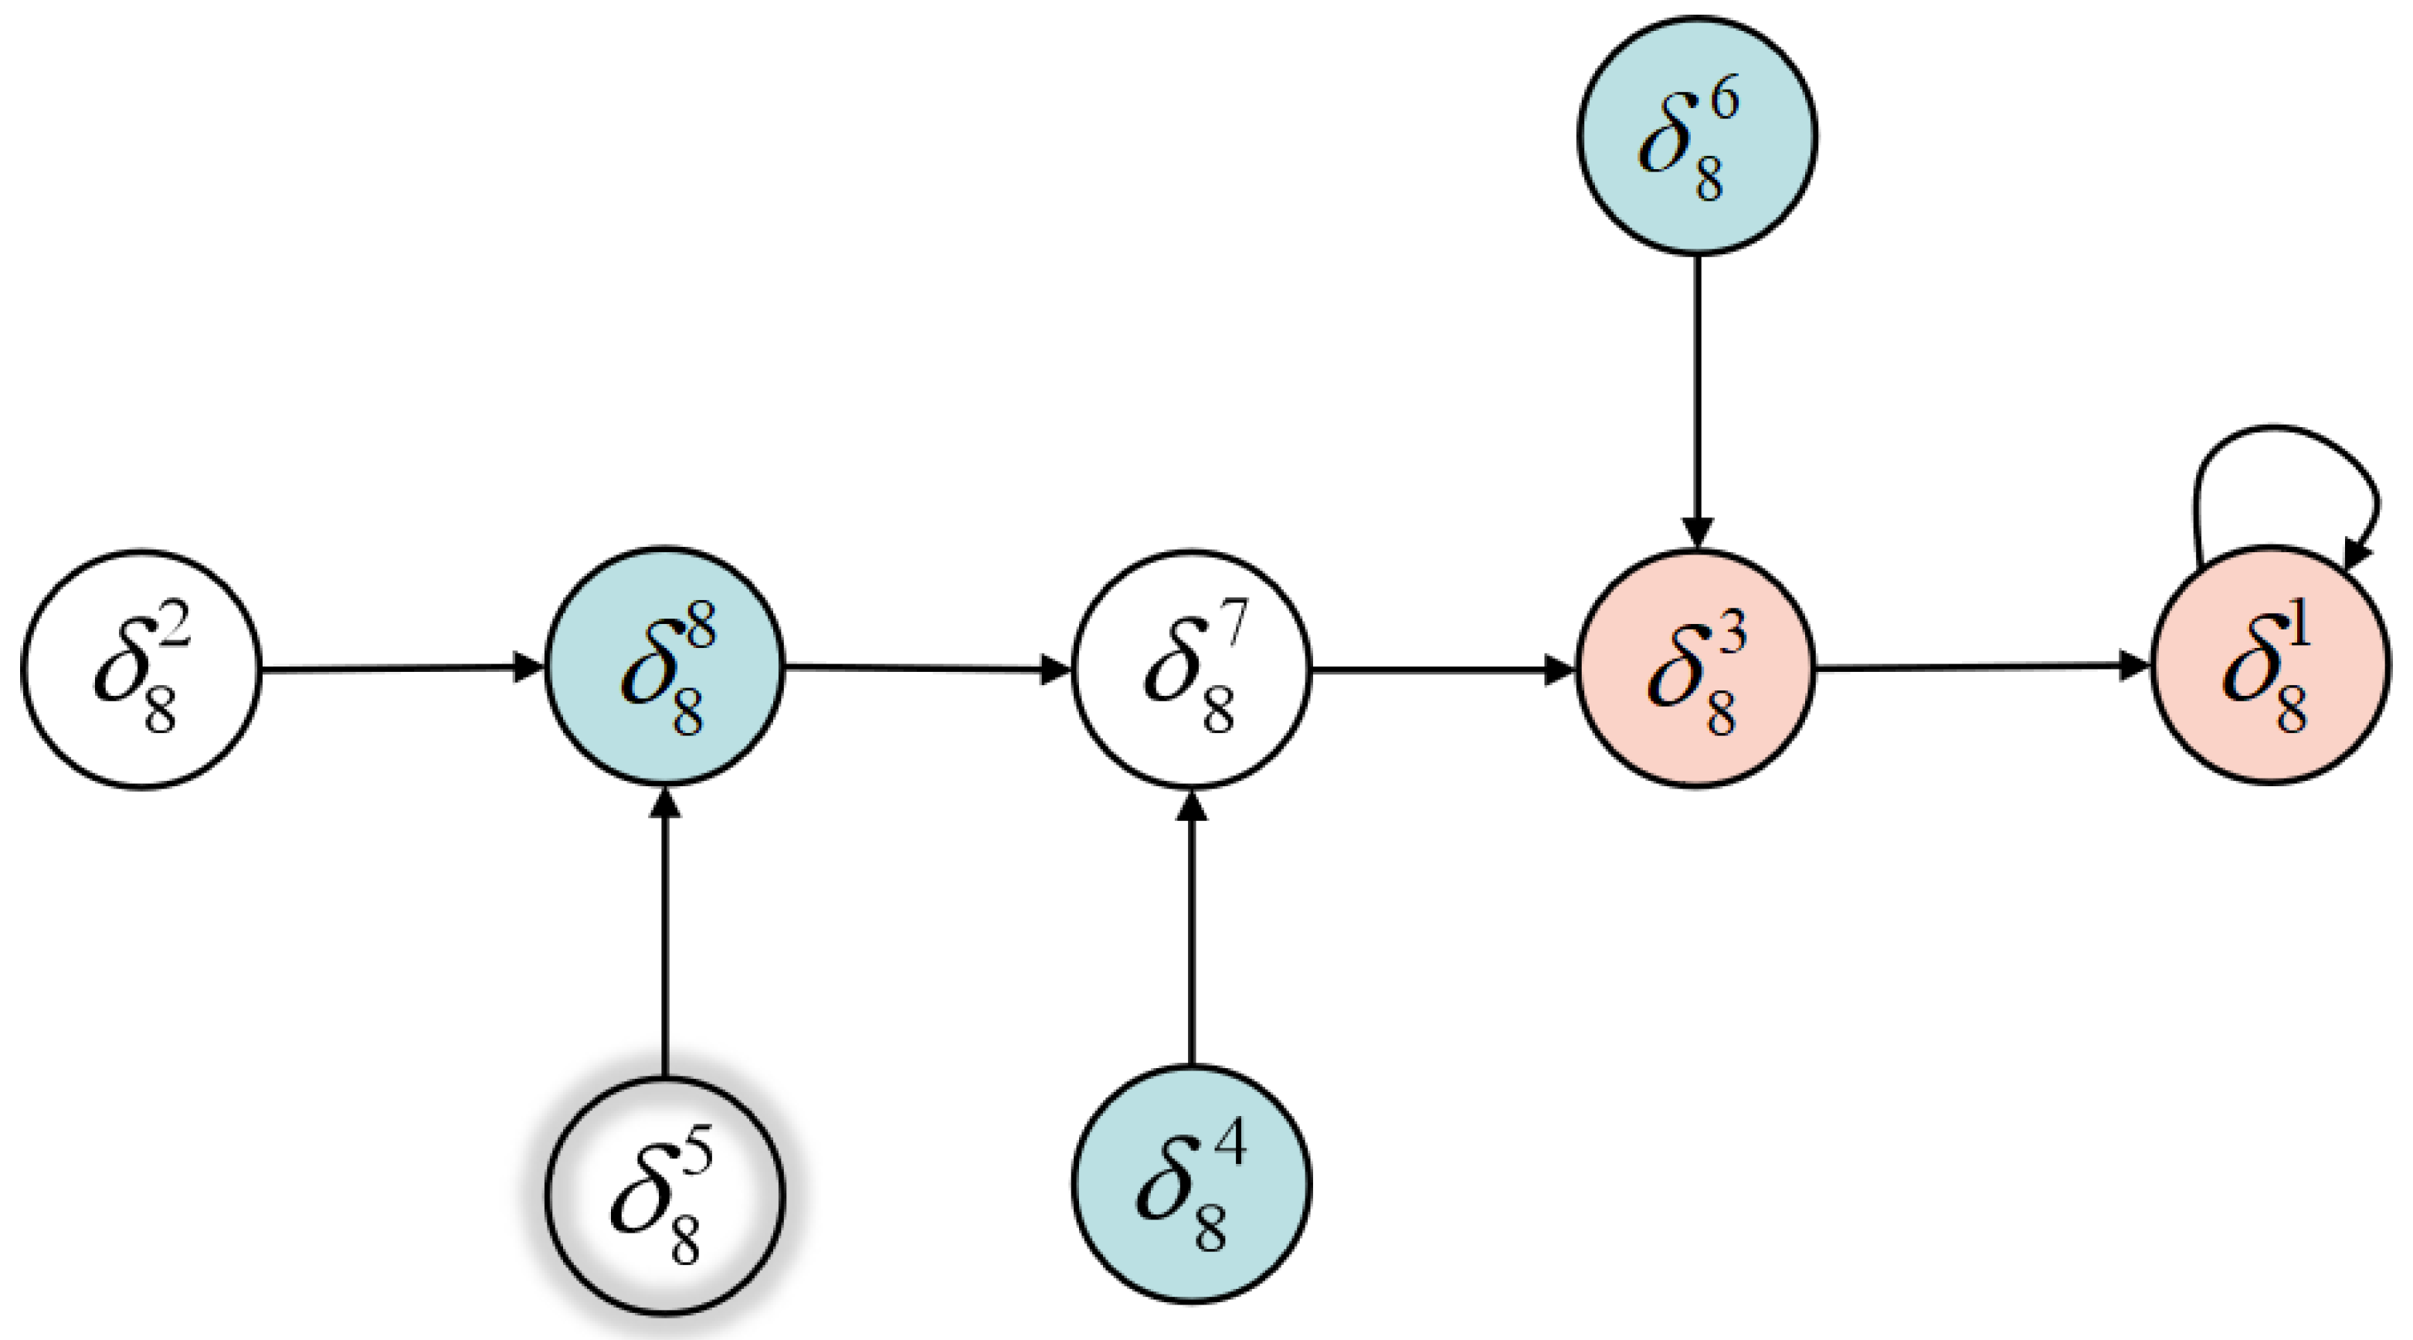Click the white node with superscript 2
[141, 670]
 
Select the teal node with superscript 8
[665, 666]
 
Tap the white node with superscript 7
[1192, 669]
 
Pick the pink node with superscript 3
[1696, 669]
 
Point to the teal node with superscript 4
[1192, 1185]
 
